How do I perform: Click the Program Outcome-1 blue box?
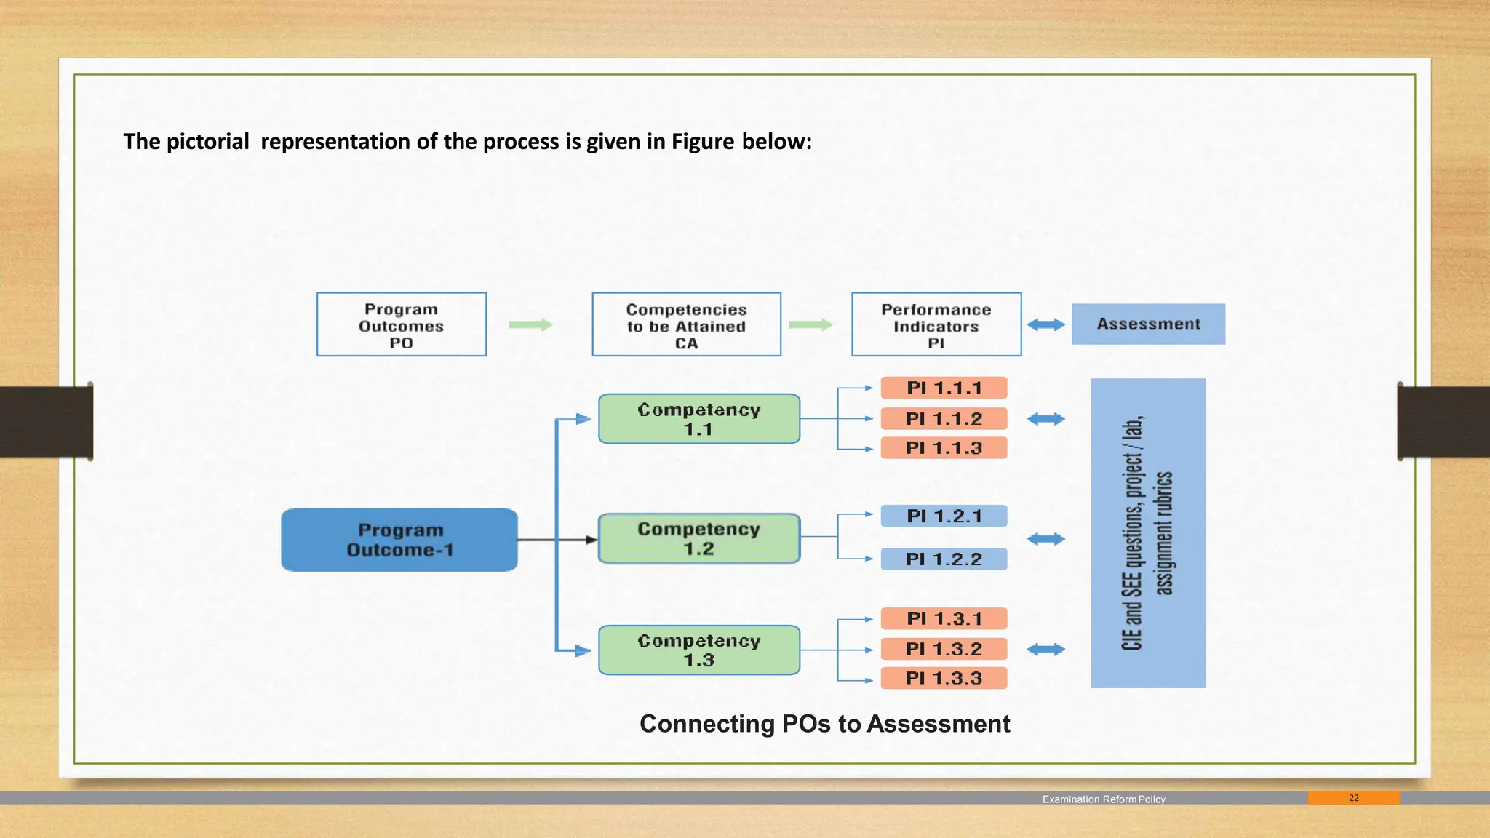[399, 540]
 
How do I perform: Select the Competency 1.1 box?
[699, 419]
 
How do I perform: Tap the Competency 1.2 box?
[699, 538]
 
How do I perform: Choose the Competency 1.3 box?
[699, 650]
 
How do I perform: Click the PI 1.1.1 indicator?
[944, 388]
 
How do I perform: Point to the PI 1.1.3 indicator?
[944, 448]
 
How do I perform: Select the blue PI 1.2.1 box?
[944, 516]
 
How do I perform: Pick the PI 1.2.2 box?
[944, 559]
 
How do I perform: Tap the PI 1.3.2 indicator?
[944, 648]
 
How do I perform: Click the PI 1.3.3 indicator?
[944, 678]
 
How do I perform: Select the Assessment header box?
[1148, 324]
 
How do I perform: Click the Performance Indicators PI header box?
[936, 324]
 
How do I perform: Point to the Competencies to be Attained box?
[686, 324]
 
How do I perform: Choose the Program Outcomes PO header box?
[401, 324]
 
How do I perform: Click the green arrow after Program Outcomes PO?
[530, 324]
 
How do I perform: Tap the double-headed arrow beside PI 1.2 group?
[1045, 539]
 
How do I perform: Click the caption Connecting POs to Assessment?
[824, 724]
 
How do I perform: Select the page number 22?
[1353, 798]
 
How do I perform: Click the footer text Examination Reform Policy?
[1103, 799]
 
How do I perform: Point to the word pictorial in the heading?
[207, 141]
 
